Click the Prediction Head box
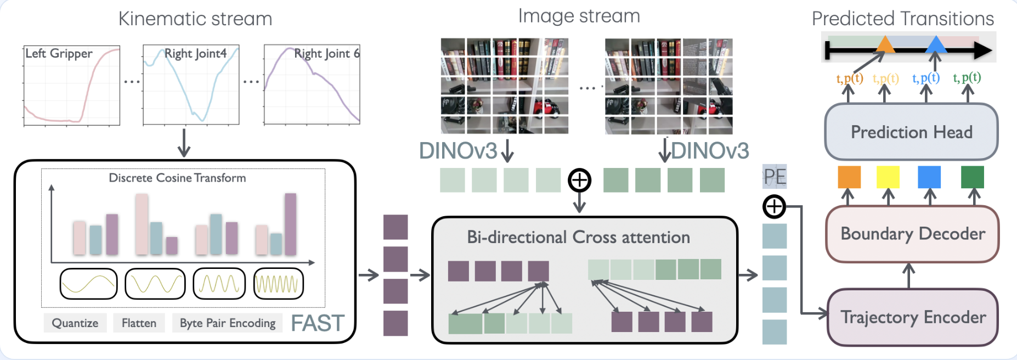(911, 132)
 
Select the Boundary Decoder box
(912, 234)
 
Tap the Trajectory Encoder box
(913, 317)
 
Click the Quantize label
(75, 323)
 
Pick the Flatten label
(139, 323)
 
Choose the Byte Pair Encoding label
(228, 323)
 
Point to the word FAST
(318, 323)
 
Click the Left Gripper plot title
(59, 53)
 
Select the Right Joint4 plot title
(195, 53)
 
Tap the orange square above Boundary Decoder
(849, 177)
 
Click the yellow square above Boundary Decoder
(888, 177)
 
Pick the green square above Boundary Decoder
(973, 177)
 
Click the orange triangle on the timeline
(885, 44)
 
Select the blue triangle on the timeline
(936, 44)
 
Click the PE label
(775, 177)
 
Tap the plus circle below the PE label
(774, 207)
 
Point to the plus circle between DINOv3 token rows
(579, 180)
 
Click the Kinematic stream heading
(195, 19)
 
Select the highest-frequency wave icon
(279, 284)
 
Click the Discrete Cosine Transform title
(177, 178)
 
